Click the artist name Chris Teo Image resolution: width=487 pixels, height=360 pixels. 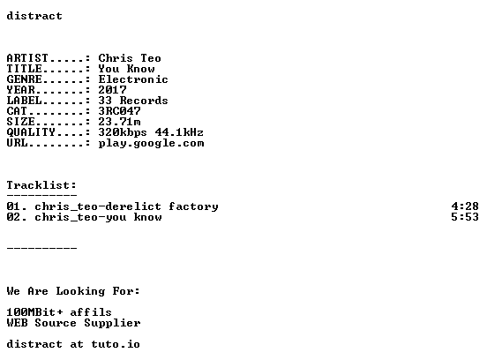[130, 58]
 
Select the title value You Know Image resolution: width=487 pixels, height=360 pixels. [126, 69]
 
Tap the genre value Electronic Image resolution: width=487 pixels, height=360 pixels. [133, 79]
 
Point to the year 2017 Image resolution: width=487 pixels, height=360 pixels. [112, 90]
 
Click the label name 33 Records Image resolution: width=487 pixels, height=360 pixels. [133, 101]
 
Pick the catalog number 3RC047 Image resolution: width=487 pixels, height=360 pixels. [120, 111]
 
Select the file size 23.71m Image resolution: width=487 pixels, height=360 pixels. [120, 122]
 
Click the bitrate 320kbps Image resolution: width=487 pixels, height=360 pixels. [123, 132]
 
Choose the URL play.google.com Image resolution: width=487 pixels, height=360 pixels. [151, 143]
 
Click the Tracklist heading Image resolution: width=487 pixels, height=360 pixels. [41, 185]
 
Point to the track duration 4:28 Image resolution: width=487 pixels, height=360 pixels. [465, 206]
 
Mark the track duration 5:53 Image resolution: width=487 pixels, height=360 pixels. [465, 217]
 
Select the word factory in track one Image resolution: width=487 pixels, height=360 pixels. [193, 206]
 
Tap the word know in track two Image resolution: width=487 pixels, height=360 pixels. [148, 217]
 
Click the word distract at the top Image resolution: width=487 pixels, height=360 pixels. [34, 16]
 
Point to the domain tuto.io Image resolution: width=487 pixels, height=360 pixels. [116, 344]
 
